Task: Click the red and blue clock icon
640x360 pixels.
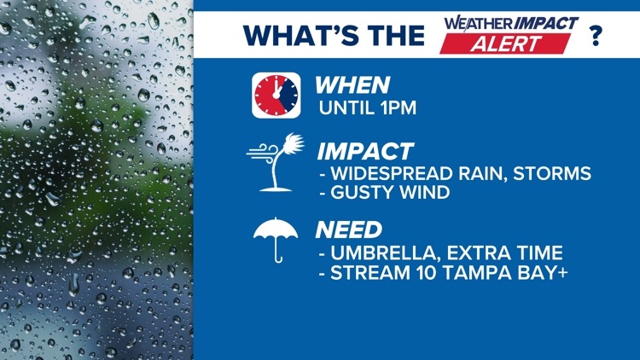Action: [x=276, y=96]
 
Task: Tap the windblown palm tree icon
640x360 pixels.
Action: [x=276, y=162]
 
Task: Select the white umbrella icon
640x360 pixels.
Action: [x=276, y=240]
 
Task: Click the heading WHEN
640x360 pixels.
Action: [x=352, y=85]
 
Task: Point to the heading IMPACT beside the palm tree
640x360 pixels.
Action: [x=365, y=152]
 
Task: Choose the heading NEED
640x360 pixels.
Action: [x=348, y=229]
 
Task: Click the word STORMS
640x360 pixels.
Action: [x=552, y=173]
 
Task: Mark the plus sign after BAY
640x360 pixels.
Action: [x=562, y=272]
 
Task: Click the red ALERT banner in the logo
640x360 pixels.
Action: [x=505, y=44]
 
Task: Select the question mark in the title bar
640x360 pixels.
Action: [x=596, y=36]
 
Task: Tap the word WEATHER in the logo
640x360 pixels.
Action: [x=479, y=24]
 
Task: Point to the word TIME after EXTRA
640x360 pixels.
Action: [x=538, y=253]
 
